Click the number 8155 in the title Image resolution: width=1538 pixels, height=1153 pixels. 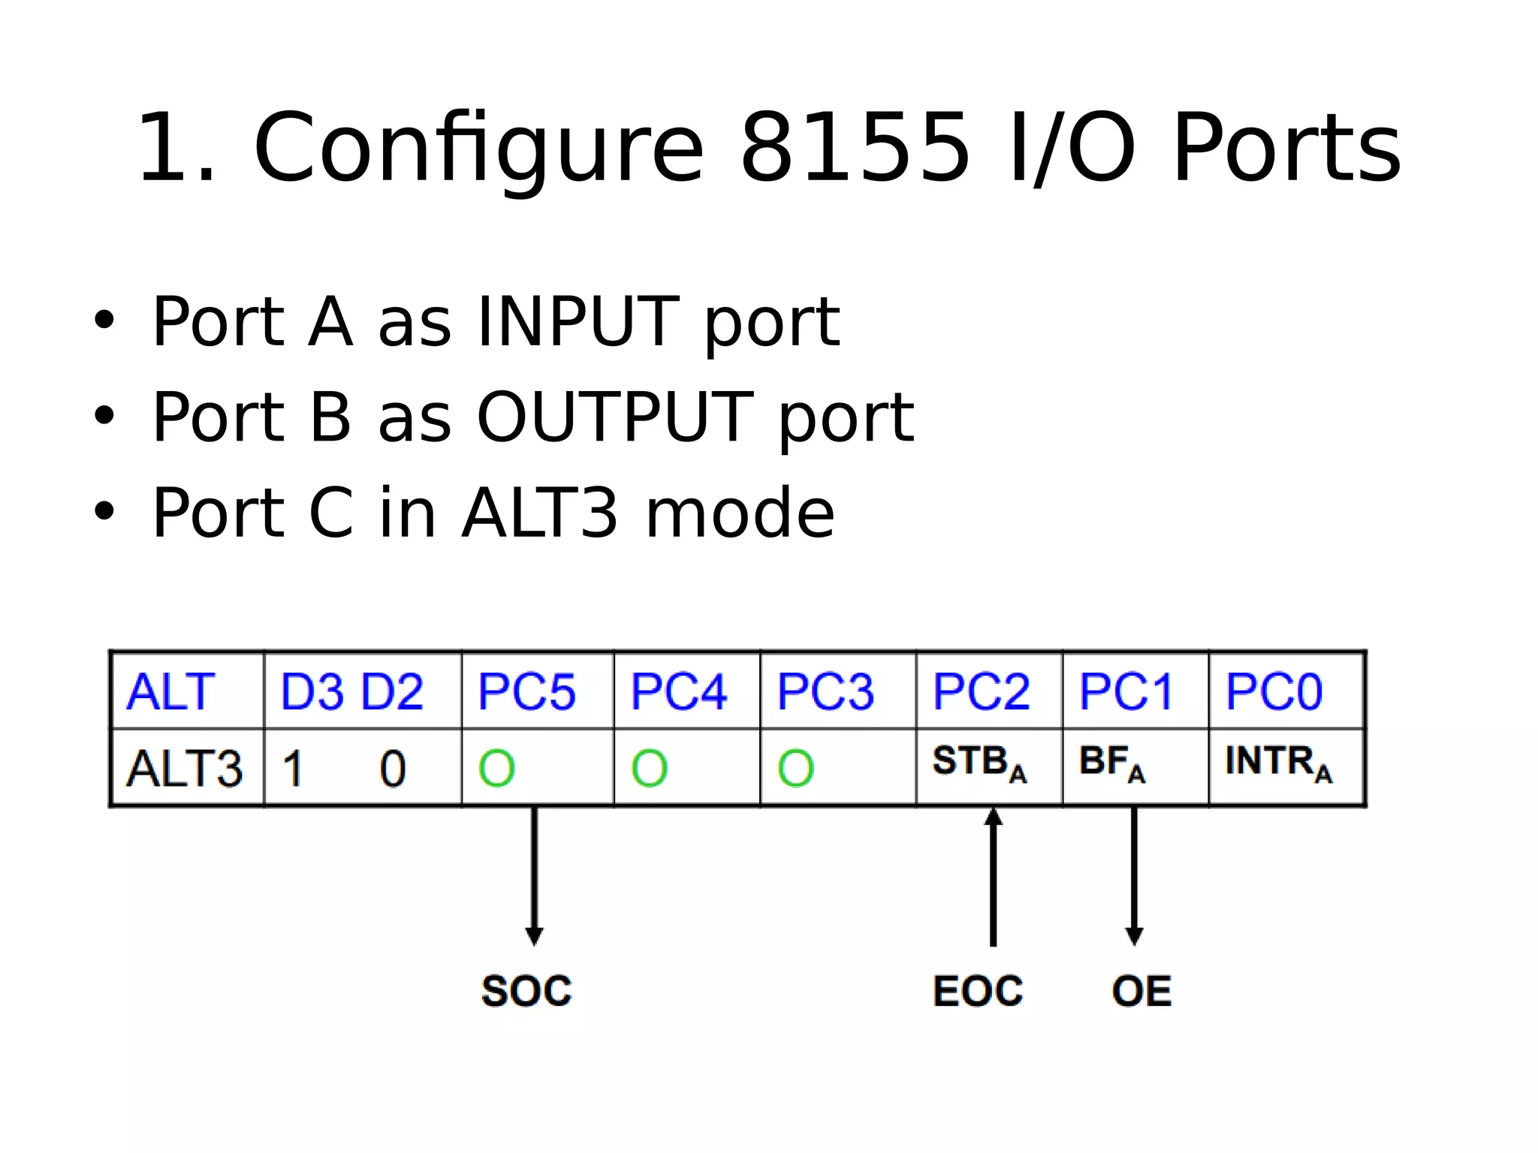855,147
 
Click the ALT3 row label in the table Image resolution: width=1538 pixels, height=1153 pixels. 184,769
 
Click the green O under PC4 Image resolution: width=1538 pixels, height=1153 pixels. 649,769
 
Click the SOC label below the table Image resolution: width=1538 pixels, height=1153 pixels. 526,991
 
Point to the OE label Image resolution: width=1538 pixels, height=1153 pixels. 1141,991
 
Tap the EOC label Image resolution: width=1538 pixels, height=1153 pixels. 978,991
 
